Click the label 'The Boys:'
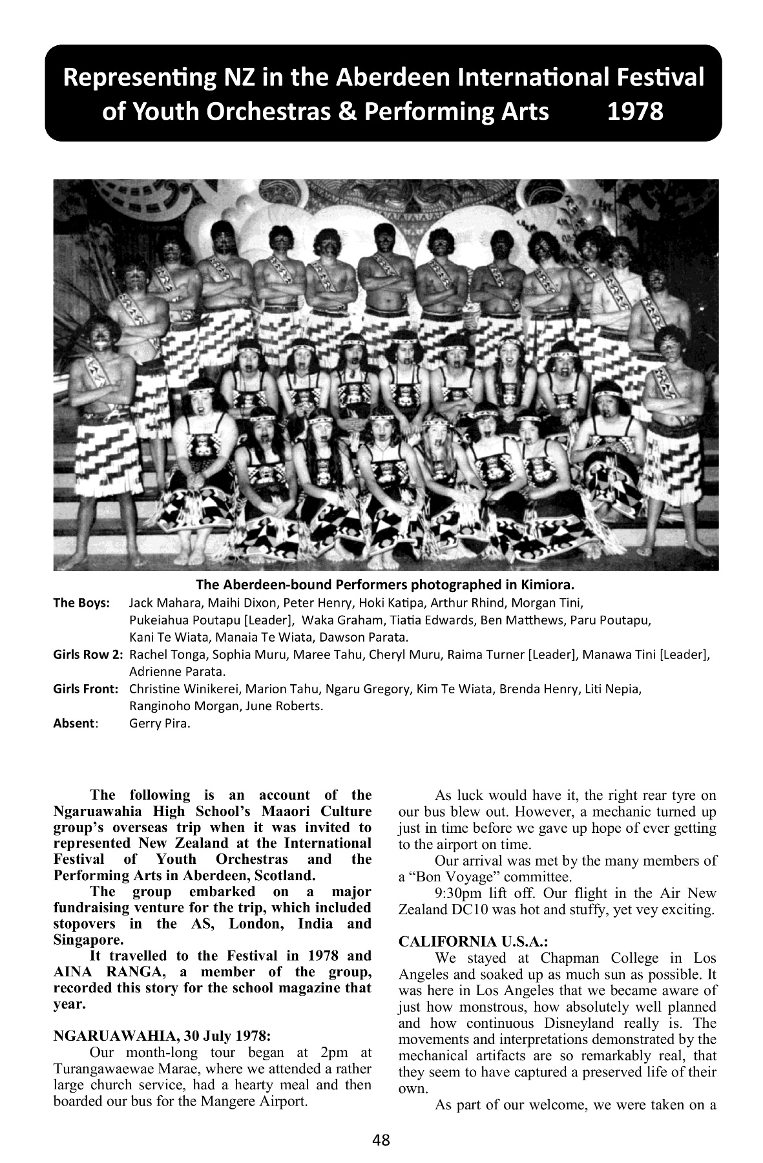81,603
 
